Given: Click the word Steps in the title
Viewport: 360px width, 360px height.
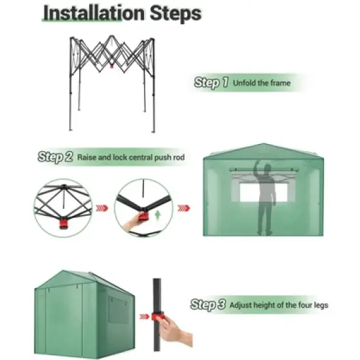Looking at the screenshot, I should [x=173, y=14].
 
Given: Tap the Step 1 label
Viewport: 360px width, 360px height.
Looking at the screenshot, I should [x=211, y=83].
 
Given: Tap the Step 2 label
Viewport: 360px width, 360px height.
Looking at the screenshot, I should [x=56, y=157].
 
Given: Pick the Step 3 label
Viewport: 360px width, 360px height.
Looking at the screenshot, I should [x=208, y=304].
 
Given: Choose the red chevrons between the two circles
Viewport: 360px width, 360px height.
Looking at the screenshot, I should [x=101, y=209].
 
